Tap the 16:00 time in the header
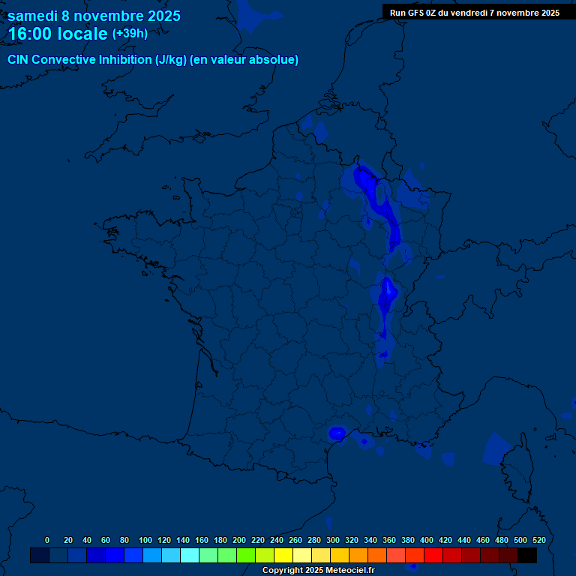[x=30, y=34]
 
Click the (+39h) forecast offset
[x=130, y=34]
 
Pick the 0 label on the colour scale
[x=47, y=540]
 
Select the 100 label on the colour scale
[x=145, y=540]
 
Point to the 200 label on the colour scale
[x=239, y=540]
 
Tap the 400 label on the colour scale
[x=427, y=540]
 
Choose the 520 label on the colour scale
[x=538, y=540]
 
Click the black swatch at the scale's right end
[x=527, y=555]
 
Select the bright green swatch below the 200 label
[x=246, y=555]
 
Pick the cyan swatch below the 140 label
[x=190, y=555]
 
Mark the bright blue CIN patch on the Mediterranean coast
[x=337, y=432]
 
